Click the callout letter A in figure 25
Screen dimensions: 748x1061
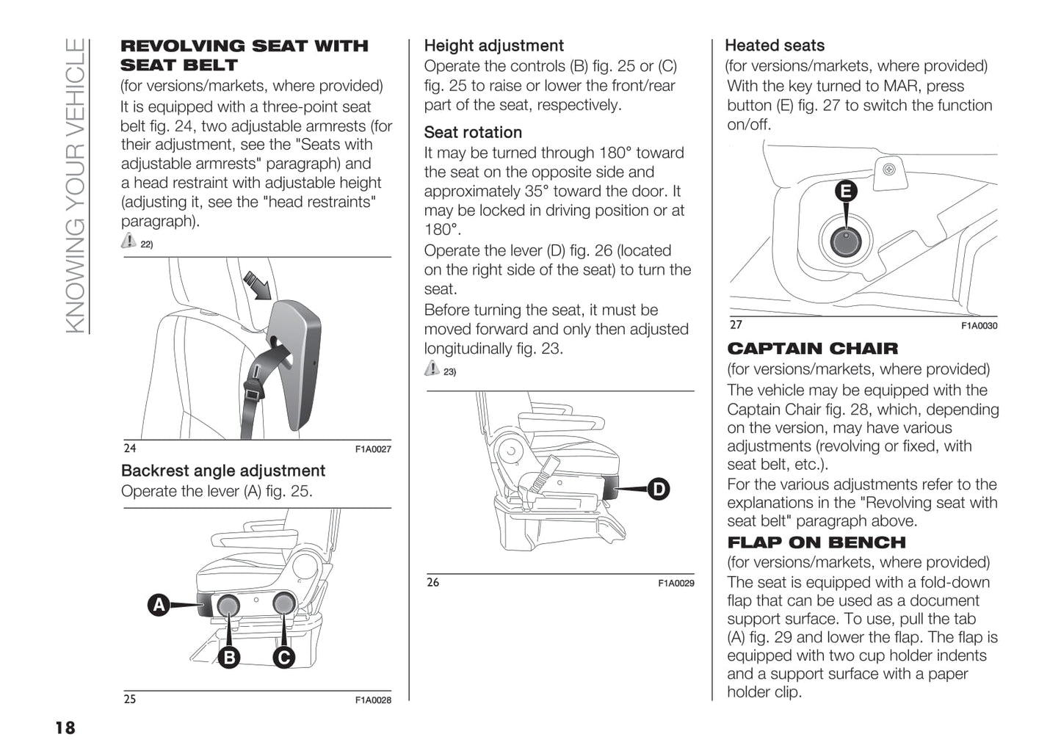click(x=159, y=605)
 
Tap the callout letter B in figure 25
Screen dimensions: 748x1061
click(x=229, y=657)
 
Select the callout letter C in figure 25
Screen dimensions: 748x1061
click(x=283, y=657)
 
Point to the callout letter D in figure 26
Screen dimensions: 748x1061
click(x=659, y=489)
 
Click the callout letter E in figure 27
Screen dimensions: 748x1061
click(x=846, y=192)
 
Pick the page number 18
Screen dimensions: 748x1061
click(x=65, y=727)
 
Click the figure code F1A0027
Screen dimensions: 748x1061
click(x=373, y=449)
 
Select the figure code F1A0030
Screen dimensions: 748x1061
click(x=979, y=326)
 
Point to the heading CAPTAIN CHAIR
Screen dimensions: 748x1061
click(x=812, y=349)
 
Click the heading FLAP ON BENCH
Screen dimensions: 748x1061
click(x=816, y=542)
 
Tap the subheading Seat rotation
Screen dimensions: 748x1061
click(x=473, y=132)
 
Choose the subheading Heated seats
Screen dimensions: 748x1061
click(x=774, y=46)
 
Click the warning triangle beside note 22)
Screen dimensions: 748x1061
click(x=128, y=240)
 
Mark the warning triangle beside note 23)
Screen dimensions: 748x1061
click(x=432, y=368)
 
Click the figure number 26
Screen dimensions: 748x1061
click(x=433, y=582)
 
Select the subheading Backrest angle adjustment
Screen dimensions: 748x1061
click(x=222, y=471)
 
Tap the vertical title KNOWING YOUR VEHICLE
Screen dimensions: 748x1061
click(x=76, y=185)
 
